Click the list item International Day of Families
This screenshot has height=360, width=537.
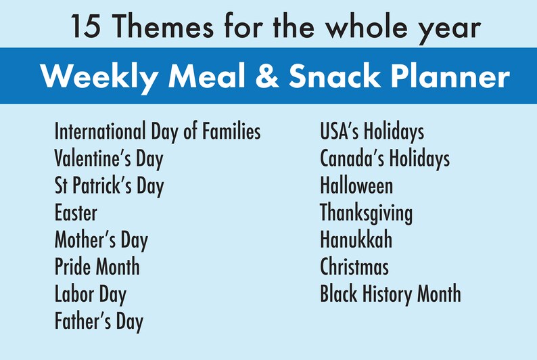point(157,131)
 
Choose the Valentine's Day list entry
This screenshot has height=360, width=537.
point(108,159)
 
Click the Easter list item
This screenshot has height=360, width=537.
point(76,213)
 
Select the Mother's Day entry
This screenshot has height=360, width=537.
point(101,240)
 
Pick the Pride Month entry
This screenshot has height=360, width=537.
point(97,267)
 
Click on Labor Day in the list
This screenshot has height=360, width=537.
point(90,294)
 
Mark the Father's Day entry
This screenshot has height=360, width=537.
point(99,321)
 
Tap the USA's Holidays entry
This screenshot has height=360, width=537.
point(372,131)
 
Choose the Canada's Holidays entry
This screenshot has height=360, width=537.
point(384,159)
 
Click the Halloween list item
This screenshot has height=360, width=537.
point(356,185)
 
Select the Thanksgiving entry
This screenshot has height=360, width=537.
point(366,213)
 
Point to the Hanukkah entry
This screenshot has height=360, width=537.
point(356,240)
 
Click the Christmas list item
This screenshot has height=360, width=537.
point(354,267)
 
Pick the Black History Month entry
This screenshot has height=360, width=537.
point(390,294)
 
